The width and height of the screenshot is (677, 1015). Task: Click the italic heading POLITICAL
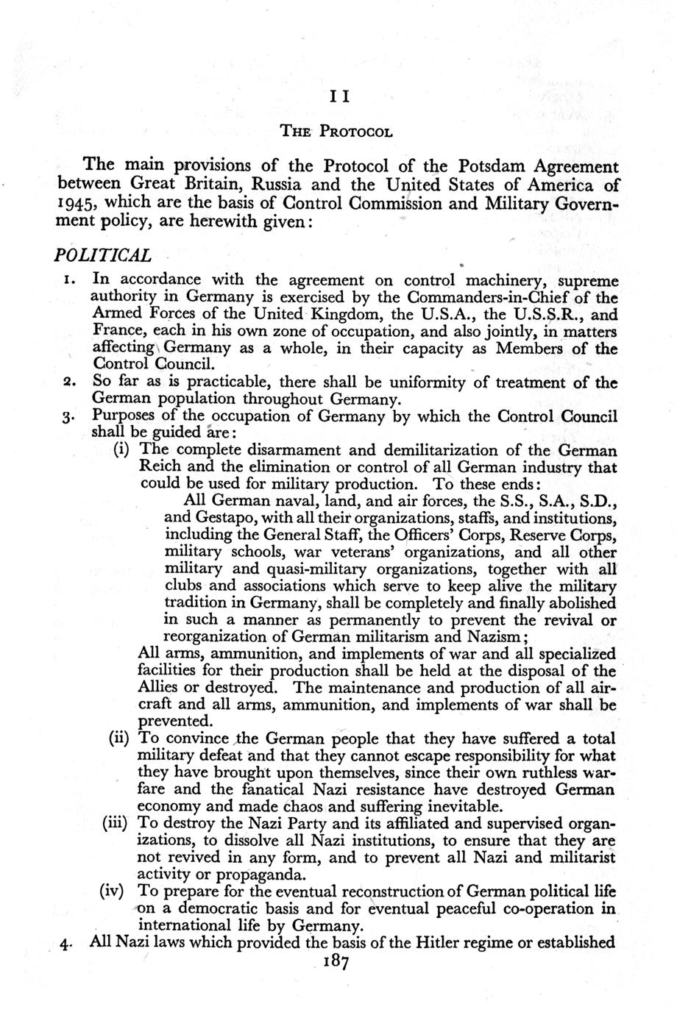click(x=104, y=255)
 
